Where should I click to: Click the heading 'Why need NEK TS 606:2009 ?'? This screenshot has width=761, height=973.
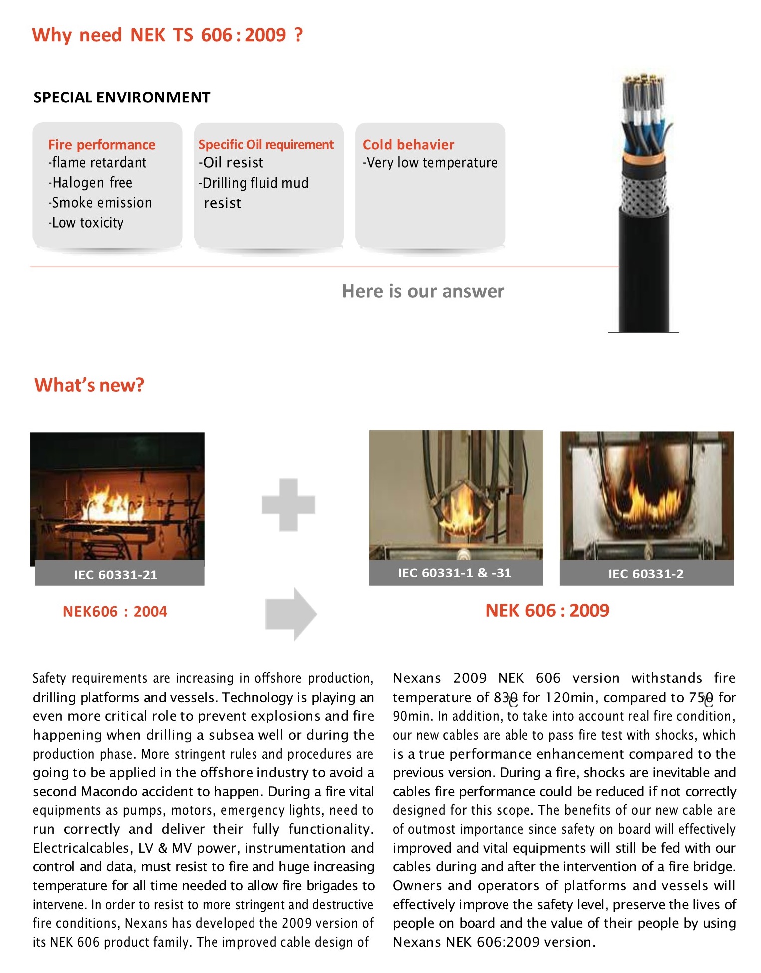(167, 35)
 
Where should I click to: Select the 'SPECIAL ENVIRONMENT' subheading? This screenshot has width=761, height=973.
(122, 97)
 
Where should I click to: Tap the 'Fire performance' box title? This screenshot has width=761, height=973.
(102, 145)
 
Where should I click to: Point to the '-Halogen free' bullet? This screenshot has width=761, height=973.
(90, 183)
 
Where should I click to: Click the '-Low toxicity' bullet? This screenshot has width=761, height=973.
(86, 223)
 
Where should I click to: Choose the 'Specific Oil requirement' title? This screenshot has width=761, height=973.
(266, 145)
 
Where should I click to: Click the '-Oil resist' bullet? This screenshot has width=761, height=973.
(231, 163)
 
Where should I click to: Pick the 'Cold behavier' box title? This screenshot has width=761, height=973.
(408, 145)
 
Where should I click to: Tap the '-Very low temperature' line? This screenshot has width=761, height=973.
(430, 163)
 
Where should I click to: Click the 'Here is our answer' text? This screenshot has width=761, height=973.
(423, 291)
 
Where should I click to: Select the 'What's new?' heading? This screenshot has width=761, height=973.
(89, 385)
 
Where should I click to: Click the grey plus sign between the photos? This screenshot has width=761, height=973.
(288, 504)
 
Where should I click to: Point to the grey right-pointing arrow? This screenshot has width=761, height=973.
(291, 614)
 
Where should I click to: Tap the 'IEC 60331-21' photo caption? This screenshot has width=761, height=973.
(116, 575)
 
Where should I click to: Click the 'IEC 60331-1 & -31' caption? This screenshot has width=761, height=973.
(455, 573)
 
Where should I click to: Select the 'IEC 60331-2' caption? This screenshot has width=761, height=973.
(646, 574)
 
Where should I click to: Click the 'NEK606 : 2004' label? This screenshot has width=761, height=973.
(115, 611)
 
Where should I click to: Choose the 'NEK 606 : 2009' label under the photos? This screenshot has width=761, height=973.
(547, 610)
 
